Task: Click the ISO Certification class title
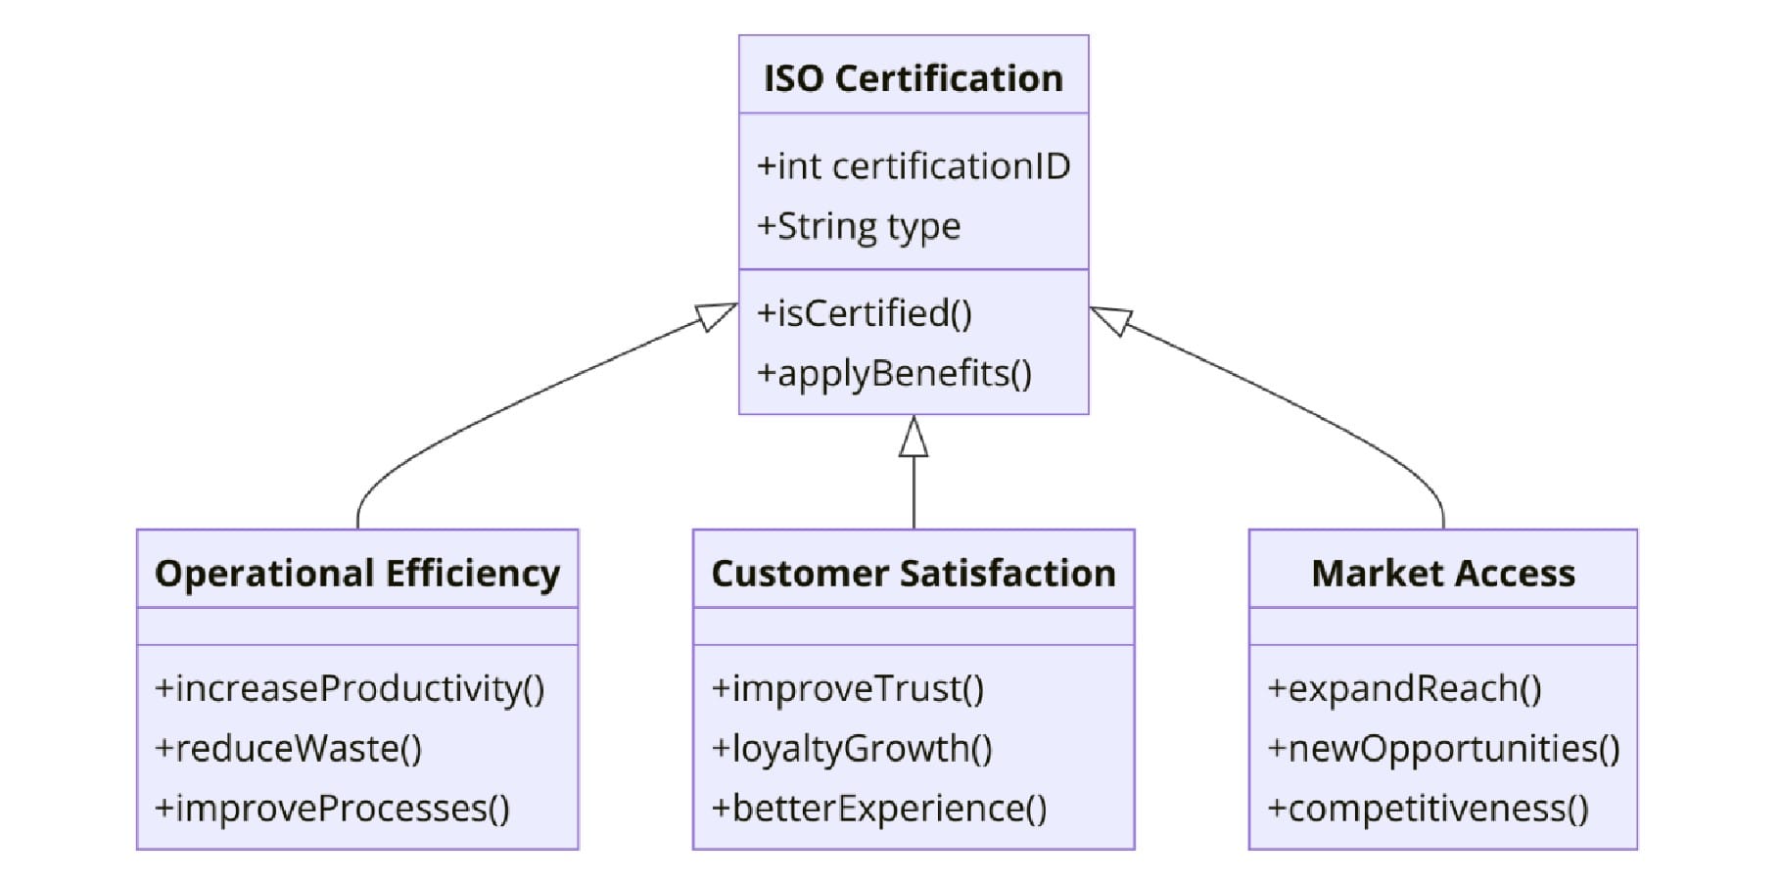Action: coord(913,78)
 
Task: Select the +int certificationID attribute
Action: coord(913,166)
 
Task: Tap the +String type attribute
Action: coord(859,226)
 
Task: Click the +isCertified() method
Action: coord(865,313)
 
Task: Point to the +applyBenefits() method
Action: coord(894,373)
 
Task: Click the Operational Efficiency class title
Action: coord(357,573)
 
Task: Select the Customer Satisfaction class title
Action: coord(913,573)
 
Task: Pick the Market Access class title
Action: coord(1442,573)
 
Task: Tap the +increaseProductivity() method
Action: coord(350,688)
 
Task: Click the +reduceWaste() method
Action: coord(289,748)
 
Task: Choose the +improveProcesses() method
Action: coord(333,808)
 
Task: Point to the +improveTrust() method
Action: coord(848,688)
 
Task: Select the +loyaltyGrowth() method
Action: coord(852,748)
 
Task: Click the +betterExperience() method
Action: coord(879,808)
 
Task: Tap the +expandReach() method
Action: coord(1405,688)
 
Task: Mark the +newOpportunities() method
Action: coord(1444,748)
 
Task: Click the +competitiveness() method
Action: coord(1429,808)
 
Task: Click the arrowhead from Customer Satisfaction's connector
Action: coord(914,437)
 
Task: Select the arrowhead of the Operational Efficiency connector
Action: coord(717,315)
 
